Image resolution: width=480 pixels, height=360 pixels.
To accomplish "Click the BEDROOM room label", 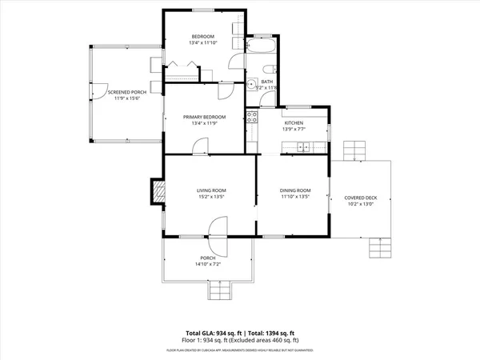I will (202, 37).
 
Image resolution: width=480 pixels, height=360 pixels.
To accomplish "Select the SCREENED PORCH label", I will (124, 93).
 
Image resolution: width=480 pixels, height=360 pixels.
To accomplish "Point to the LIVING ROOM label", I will (211, 190).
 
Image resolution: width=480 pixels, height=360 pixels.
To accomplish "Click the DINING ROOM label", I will (294, 190).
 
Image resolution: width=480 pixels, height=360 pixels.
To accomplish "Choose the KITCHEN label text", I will (294, 122).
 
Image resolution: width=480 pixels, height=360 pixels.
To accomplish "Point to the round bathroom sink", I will (250, 82).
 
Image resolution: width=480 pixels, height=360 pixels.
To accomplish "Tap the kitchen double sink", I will (303, 146).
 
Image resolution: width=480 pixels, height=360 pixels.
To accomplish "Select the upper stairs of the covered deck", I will (354, 150).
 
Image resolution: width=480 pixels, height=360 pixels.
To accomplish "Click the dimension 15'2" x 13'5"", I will (211, 196).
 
